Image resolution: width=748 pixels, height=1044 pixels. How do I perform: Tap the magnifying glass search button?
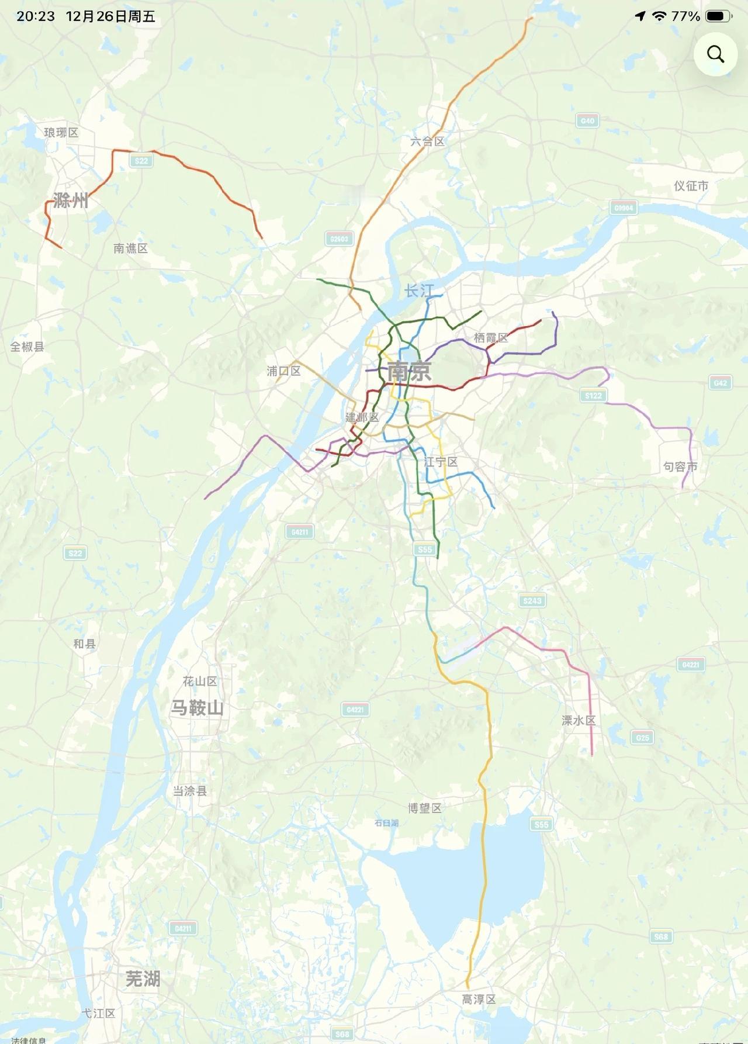point(715,54)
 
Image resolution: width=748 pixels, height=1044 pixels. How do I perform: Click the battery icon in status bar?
point(718,16)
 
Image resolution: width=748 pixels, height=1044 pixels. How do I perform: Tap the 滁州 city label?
point(70,201)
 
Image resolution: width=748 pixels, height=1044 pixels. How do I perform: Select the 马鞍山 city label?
point(197,708)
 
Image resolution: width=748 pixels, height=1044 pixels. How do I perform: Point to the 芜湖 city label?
point(143,979)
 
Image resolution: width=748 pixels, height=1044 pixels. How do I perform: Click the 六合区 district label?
point(427,141)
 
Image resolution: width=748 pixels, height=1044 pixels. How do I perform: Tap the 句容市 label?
point(680,466)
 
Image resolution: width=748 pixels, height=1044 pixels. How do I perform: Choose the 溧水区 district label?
point(579,721)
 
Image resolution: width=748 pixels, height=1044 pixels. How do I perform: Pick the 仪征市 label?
point(691,186)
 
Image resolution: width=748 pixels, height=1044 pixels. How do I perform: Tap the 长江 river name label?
point(418,291)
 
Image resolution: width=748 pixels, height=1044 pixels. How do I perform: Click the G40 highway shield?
point(587,121)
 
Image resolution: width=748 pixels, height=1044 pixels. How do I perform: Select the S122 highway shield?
point(593,396)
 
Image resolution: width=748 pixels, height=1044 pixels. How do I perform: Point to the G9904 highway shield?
point(624,208)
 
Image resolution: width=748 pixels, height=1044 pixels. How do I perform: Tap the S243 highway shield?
point(532,600)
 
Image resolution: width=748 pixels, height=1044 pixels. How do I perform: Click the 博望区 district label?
point(425,808)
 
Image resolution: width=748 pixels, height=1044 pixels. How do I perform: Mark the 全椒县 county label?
point(27,347)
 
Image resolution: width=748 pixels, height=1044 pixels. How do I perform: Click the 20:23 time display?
point(36,16)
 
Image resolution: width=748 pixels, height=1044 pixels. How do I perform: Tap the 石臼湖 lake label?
point(386,822)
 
